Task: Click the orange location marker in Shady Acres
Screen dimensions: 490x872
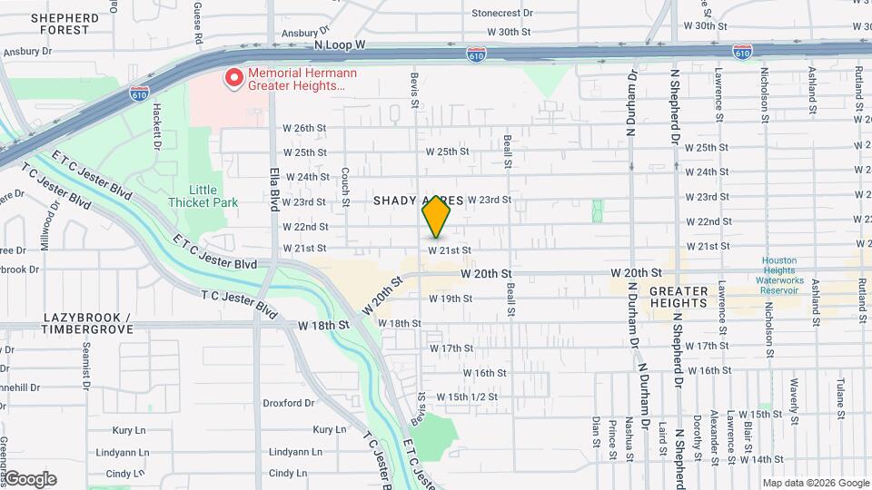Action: (x=436, y=217)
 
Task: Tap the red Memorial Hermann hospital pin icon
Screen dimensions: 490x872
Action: (x=233, y=78)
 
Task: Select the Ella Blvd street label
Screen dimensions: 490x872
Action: (x=273, y=190)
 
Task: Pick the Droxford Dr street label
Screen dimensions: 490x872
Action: (x=288, y=403)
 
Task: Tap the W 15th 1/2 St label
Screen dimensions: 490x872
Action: (x=467, y=397)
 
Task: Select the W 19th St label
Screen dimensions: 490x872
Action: (x=451, y=299)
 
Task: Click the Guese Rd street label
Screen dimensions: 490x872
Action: (x=197, y=24)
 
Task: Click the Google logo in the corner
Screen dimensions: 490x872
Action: (x=29, y=479)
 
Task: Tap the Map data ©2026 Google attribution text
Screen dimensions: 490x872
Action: (x=815, y=483)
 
